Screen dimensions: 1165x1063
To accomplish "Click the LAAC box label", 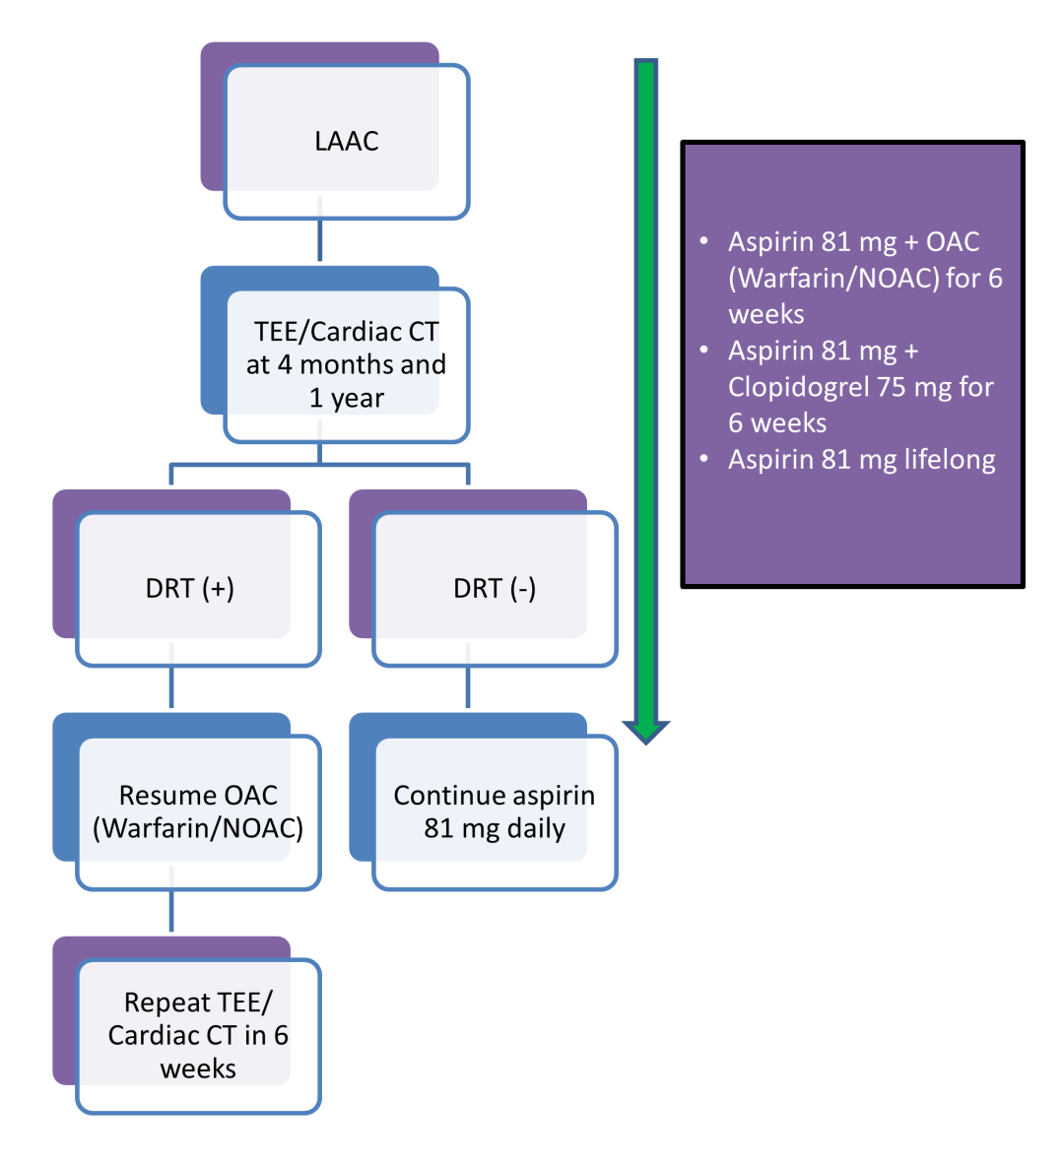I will click(347, 142).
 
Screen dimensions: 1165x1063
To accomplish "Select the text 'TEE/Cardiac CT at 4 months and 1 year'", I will click(346, 364).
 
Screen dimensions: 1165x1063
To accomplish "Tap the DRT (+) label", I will click(190, 589).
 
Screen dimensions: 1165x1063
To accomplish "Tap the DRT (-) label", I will click(495, 589).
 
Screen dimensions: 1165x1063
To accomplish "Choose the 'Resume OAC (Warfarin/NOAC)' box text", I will click(198, 811).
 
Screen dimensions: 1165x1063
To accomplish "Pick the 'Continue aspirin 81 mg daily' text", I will click(495, 811).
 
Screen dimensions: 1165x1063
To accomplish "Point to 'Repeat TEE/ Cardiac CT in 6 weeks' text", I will click(198, 1035).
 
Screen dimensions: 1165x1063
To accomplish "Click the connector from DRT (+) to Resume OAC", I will click(171, 686).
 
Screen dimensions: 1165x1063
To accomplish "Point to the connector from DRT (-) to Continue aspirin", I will click(468, 686).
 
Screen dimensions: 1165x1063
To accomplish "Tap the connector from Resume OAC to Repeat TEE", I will click(171, 910).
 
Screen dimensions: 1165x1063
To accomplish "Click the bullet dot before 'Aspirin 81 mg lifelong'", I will click(703, 459).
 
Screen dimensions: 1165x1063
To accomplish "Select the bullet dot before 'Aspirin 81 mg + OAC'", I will click(703, 241).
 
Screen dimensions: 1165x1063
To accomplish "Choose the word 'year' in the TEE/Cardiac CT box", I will click(358, 399).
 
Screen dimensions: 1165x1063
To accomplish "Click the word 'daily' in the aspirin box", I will click(536, 829).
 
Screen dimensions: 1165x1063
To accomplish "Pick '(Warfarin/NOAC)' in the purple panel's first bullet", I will click(833, 279).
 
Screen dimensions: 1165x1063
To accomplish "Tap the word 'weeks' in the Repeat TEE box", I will click(198, 1069).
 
